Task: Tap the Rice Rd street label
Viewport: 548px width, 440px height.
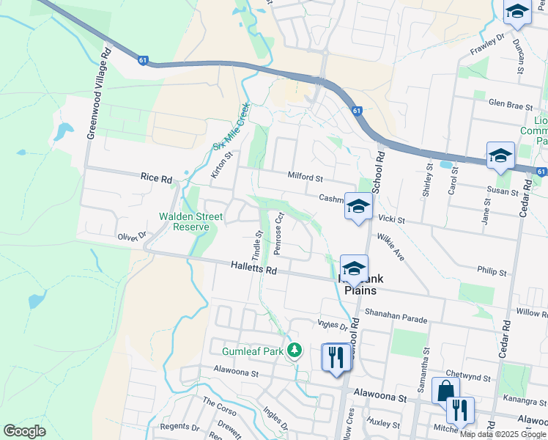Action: click(x=156, y=178)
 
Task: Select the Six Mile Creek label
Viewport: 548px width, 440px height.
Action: click(x=232, y=125)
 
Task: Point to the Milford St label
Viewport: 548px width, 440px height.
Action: click(x=305, y=178)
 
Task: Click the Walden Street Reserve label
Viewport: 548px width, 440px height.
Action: click(x=184, y=221)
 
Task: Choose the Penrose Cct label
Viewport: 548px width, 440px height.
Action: click(x=278, y=233)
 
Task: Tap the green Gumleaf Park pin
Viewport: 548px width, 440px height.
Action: click(x=295, y=351)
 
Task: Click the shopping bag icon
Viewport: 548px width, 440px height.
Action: click(x=445, y=391)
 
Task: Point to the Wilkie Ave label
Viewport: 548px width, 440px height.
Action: click(x=390, y=248)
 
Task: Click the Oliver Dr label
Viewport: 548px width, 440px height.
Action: click(x=132, y=236)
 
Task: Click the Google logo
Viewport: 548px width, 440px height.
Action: click(x=24, y=431)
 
